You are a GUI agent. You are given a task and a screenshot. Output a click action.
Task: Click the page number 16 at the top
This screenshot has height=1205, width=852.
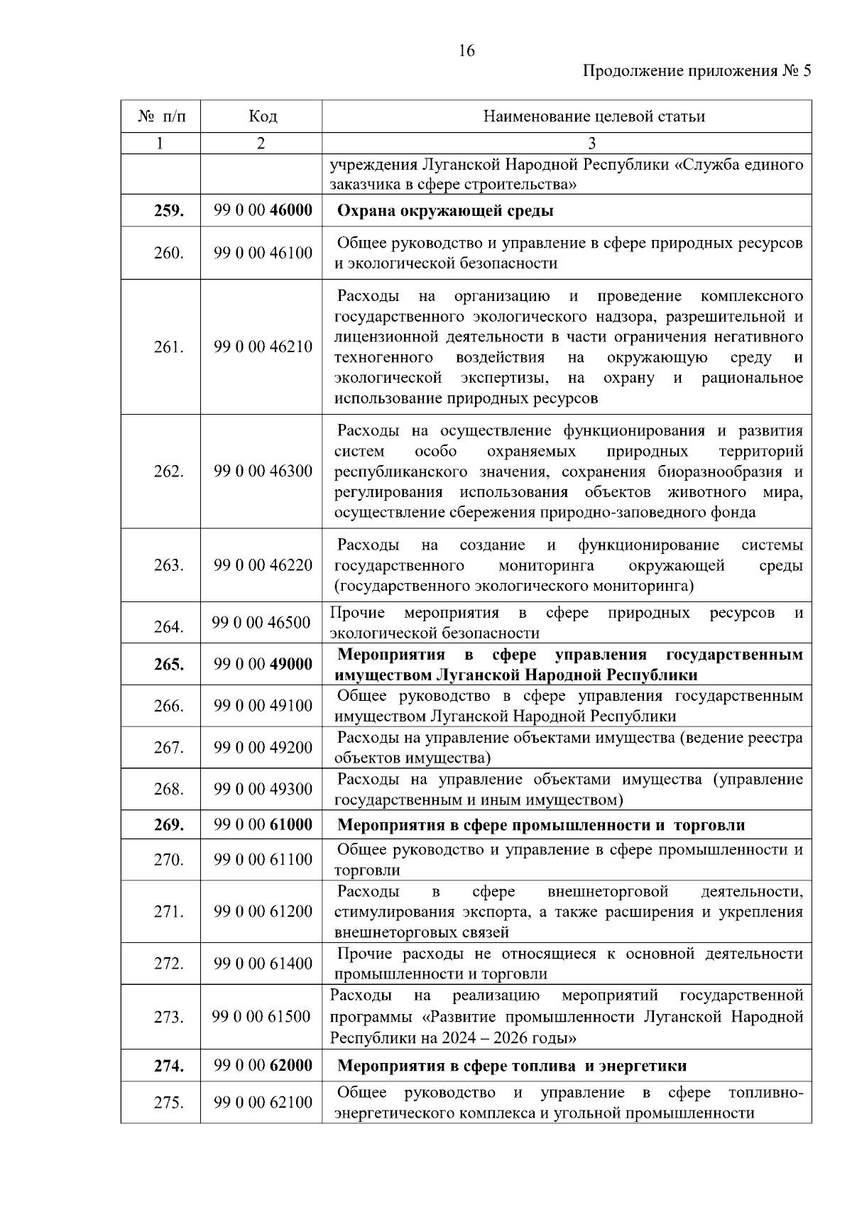(466, 50)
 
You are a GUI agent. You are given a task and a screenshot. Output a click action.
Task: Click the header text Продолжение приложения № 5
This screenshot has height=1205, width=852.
(696, 71)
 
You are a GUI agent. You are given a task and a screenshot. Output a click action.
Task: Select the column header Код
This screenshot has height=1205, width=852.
(262, 116)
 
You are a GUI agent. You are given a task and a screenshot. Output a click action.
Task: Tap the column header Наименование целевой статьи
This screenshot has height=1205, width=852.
(594, 116)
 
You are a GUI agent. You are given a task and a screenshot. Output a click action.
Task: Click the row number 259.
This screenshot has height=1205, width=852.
(168, 211)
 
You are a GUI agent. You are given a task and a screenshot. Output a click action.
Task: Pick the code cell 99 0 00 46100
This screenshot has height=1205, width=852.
(263, 253)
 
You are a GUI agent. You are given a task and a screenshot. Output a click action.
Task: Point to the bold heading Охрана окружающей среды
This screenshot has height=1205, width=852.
(444, 211)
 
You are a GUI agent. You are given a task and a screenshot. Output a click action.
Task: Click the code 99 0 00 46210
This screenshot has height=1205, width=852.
(263, 347)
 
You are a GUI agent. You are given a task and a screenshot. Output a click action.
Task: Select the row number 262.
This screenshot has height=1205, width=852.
(168, 471)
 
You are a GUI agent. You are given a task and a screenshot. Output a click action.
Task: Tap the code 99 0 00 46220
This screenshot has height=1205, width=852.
(263, 565)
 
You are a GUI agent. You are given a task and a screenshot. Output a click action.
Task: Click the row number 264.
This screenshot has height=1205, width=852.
(168, 626)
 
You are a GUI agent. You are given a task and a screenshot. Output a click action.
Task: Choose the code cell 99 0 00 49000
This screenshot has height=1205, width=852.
(263, 665)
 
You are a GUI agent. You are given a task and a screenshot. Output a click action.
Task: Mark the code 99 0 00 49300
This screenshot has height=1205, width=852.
(263, 789)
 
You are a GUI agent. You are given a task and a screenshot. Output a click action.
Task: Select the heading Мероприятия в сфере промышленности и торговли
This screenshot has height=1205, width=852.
(540, 825)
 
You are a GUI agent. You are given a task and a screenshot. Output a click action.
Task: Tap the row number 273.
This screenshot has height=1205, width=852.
(168, 1018)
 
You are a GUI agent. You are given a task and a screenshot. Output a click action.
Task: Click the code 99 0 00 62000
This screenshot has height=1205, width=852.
(263, 1066)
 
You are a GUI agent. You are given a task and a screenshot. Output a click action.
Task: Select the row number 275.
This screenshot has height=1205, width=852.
(168, 1103)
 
